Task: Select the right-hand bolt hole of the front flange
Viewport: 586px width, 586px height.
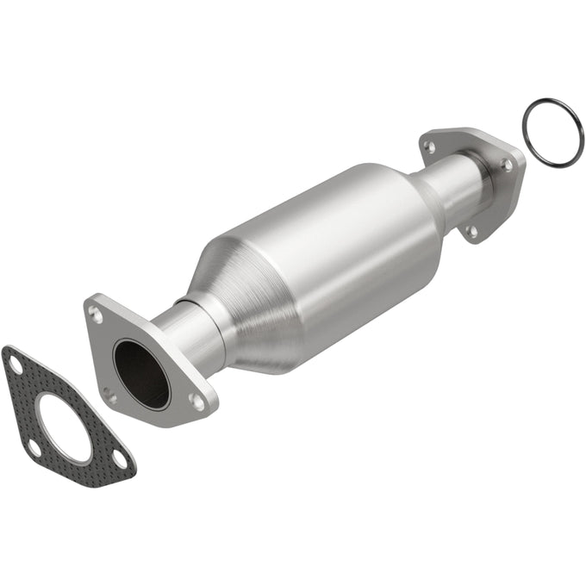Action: point(197,402)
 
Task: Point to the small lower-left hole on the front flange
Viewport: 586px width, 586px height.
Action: point(109,396)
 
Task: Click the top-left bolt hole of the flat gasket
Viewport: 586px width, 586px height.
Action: point(16,365)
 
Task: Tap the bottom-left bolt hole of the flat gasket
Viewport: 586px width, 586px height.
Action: point(34,447)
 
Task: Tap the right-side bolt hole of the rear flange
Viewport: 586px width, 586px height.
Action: point(506,164)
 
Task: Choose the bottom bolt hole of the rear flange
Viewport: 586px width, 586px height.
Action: point(471,231)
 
